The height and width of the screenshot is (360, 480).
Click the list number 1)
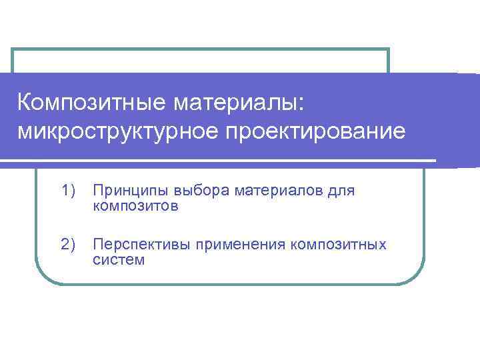click(69, 191)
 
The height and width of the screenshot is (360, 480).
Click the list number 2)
click(69, 245)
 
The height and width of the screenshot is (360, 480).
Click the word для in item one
click(343, 191)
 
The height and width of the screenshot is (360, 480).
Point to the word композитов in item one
click(135, 206)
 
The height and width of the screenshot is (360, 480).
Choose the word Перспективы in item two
click(141, 245)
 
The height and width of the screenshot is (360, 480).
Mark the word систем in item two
click(119, 259)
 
